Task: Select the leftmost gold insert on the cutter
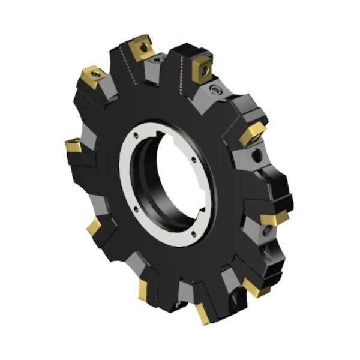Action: [x=74, y=145]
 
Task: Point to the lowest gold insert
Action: [x=202, y=313]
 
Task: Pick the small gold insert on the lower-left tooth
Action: [x=94, y=227]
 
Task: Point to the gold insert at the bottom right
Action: [x=256, y=289]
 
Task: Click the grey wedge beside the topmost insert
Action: [x=157, y=61]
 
